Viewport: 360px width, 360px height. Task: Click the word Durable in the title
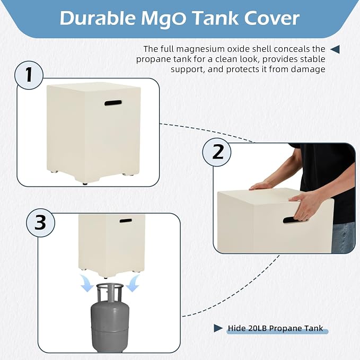tap(98, 18)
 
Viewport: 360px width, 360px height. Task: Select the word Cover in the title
tap(271, 19)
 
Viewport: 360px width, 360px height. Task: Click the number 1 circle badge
tap(29, 75)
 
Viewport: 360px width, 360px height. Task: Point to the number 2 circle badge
tap(217, 152)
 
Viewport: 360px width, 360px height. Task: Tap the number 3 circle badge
tap(41, 223)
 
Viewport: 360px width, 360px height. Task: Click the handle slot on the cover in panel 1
tap(113, 103)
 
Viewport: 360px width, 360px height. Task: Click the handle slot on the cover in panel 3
tap(126, 221)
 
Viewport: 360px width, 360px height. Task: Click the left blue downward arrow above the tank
tap(86, 283)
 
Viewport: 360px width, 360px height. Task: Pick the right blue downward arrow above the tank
tap(133, 283)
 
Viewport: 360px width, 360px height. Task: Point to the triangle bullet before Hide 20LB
tap(218, 328)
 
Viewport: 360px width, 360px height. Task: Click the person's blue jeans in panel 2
tap(343, 238)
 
